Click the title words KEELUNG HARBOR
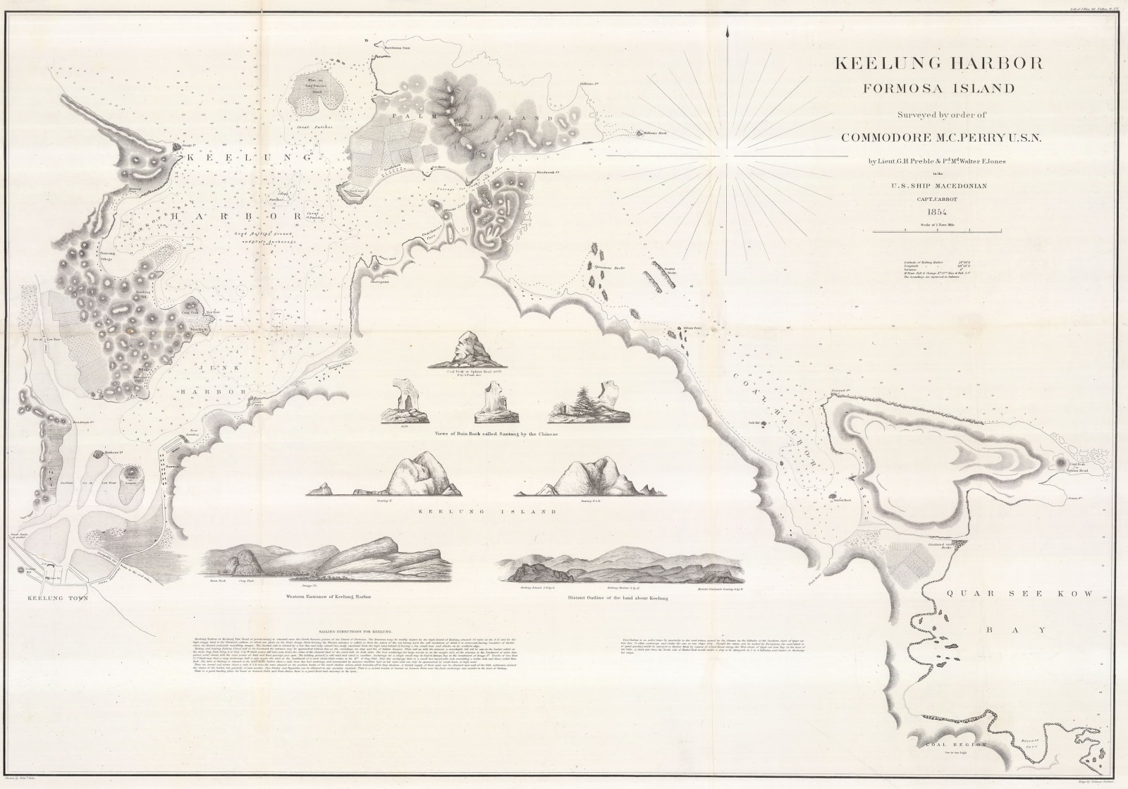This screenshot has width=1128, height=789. pyautogui.click(x=938, y=63)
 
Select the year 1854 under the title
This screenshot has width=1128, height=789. pyautogui.click(x=938, y=214)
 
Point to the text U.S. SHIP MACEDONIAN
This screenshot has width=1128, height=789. pyautogui.click(x=938, y=186)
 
